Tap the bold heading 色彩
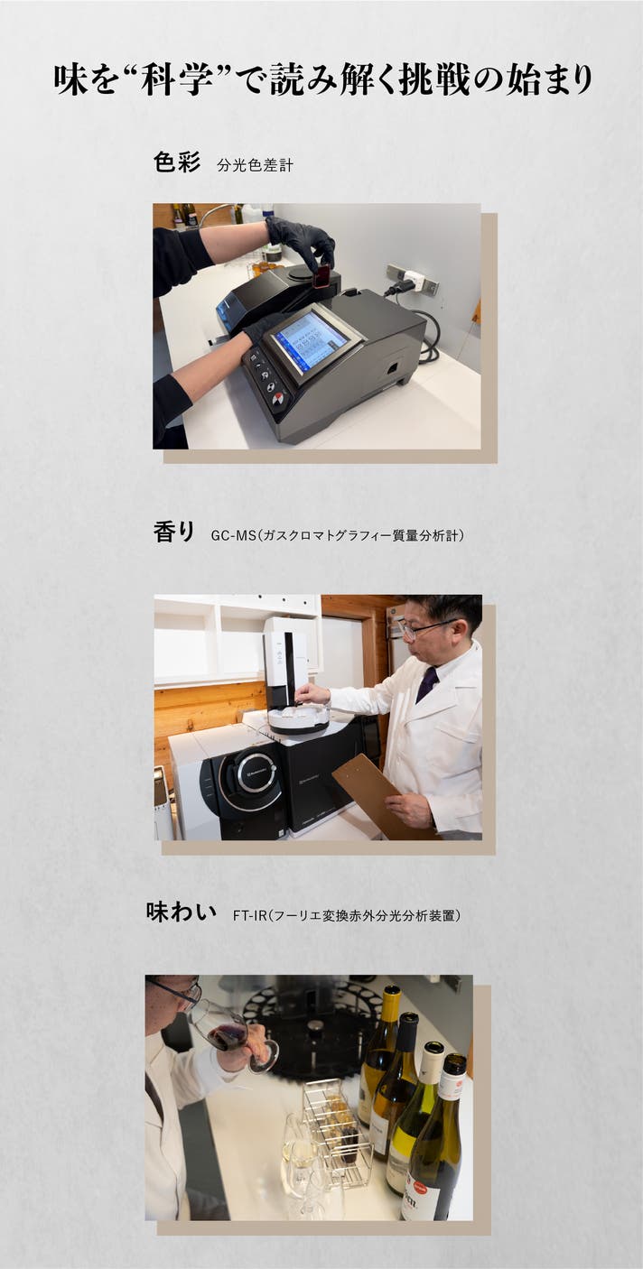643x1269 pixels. click(x=176, y=162)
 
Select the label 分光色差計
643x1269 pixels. click(x=256, y=165)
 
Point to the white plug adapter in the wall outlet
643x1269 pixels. click(x=410, y=278)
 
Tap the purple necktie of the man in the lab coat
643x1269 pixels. click(x=426, y=684)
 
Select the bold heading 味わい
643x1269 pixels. click(x=182, y=912)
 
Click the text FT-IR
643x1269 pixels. click(x=249, y=915)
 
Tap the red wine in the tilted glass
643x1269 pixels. click(x=225, y=1037)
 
